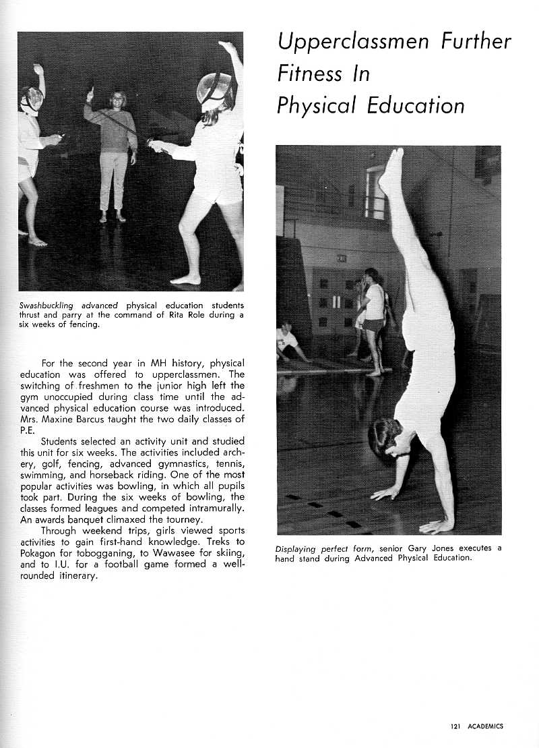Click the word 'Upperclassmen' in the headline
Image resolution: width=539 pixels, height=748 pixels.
click(x=352, y=42)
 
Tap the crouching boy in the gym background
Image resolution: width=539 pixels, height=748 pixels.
click(x=288, y=341)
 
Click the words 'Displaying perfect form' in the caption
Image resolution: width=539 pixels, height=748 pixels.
click(x=323, y=548)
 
